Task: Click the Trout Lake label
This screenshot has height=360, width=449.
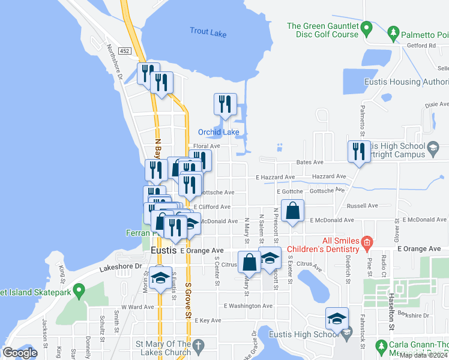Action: pyautogui.click(x=208, y=33)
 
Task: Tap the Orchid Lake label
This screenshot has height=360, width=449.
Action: pyautogui.click(x=219, y=132)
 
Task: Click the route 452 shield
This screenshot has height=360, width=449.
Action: pyautogui.click(x=124, y=52)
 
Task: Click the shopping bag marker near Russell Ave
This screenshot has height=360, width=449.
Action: pyautogui.click(x=292, y=211)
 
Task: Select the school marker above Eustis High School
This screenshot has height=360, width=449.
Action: pyautogui.click(x=337, y=318)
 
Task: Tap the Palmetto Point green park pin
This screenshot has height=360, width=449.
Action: pyautogui.click(x=394, y=31)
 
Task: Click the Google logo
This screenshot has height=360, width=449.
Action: pyautogui.click(x=20, y=353)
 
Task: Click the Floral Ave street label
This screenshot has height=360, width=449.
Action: pyautogui.click(x=207, y=146)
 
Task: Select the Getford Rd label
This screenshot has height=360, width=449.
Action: pyautogui.click(x=420, y=45)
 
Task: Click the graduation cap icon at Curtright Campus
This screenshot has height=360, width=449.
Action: pyautogui.click(x=433, y=147)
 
